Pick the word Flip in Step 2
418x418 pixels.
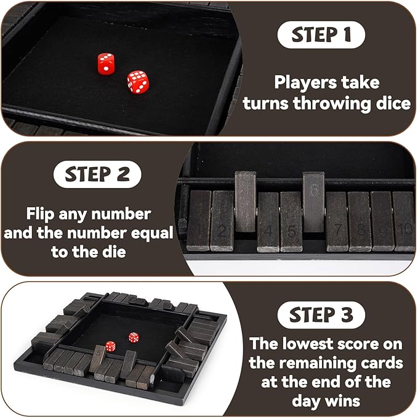click(44, 215)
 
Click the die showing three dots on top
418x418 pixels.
click(105, 62)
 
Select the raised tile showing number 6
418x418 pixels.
click(313, 200)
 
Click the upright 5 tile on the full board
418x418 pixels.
click(98, 357)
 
